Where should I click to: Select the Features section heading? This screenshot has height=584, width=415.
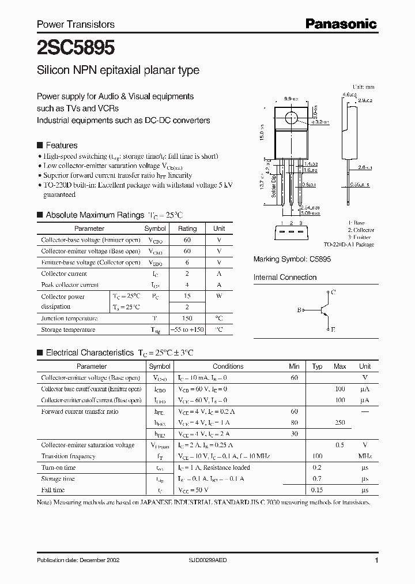coord(61,145)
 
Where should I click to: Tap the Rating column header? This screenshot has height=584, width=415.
coord(187,229)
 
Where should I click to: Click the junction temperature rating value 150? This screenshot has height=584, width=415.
coord(187,319)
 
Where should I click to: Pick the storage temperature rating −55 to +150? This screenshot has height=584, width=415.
coord(187,330)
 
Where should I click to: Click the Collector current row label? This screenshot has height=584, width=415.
coord(64,274)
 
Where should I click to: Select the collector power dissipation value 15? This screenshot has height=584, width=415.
coord(187,297)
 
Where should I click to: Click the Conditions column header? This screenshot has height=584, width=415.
coord(228,366)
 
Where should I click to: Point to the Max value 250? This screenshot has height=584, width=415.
coord(340,422)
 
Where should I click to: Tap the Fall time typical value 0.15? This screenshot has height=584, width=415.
coord(317,490)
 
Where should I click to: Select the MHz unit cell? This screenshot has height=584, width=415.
coord(365,456)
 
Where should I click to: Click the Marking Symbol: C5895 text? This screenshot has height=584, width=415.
coord(292,260)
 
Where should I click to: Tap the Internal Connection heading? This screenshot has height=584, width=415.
coord(285,278)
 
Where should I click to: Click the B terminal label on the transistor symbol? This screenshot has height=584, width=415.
coord(300,310)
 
